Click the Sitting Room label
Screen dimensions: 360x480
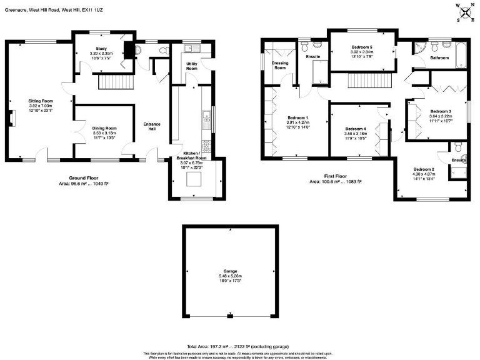40,101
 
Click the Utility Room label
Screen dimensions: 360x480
192,66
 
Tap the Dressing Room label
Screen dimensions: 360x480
279,66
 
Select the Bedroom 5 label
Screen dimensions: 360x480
361,47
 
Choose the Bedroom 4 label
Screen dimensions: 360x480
356,129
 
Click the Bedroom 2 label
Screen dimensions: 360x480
423,169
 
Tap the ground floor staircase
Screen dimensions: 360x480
115,82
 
